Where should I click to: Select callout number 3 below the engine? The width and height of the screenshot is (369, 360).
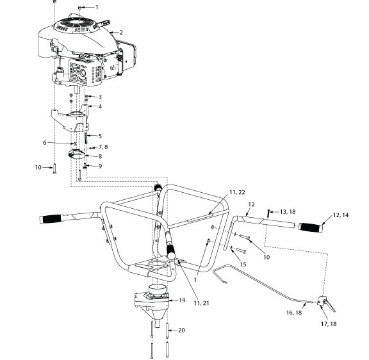tap(99, 97)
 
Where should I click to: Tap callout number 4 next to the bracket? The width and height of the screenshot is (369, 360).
tap(99, 106)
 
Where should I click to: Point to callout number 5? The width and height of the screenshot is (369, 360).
tap(99, 136)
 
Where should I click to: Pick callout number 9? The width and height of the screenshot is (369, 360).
tap(99, 166)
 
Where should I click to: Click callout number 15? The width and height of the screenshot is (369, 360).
tap(242, 264)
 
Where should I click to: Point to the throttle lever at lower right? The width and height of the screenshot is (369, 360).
tap(326, 302)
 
